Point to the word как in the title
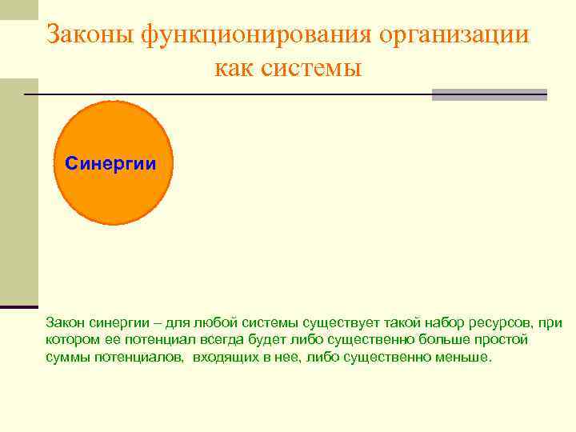click(x=234, y=69)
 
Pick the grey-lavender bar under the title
click(x=489, y=94)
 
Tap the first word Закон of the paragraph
click(x=64, y=322)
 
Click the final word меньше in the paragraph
click(x=462, y=358)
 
